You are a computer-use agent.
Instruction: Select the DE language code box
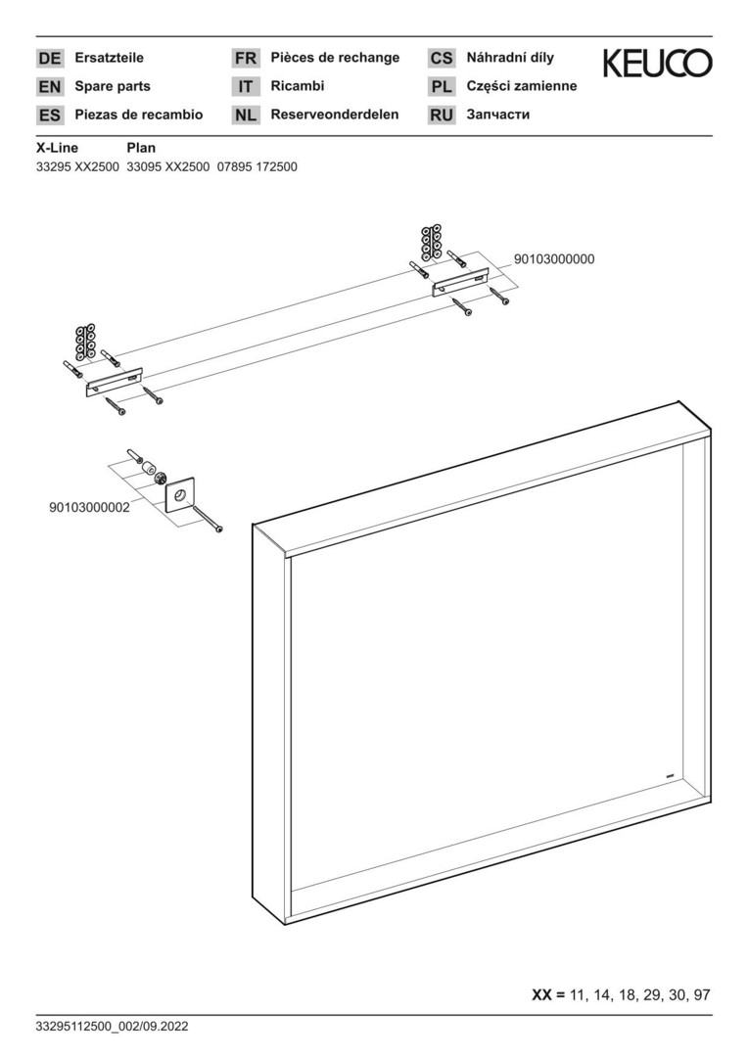click(49, 59)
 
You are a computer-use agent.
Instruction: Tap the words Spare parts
click(113, 86)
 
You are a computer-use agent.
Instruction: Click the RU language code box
click(442, 115)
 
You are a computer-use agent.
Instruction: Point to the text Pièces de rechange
click(335, 58)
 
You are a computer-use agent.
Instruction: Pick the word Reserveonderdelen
click(335, 115)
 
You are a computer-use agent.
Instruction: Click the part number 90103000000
click(554, 259)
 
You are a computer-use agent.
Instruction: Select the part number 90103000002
click(90, 508)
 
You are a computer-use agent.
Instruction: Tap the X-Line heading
click(57, 148)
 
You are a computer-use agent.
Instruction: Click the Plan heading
click(141, 148)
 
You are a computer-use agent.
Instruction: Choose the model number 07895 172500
click(257, 166)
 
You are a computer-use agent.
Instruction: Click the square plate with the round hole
click(179, 497)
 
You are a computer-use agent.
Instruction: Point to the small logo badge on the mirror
click(671, 778)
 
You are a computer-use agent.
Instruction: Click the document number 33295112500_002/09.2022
click(112, 1027)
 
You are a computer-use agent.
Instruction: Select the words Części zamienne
click(522, 86)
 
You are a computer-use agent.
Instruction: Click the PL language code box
click(442, 87)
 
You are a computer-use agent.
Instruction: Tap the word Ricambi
click(298, 86)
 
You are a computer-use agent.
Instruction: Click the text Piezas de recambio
click(139, 115)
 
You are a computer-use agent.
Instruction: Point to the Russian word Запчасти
click(497, 115)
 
